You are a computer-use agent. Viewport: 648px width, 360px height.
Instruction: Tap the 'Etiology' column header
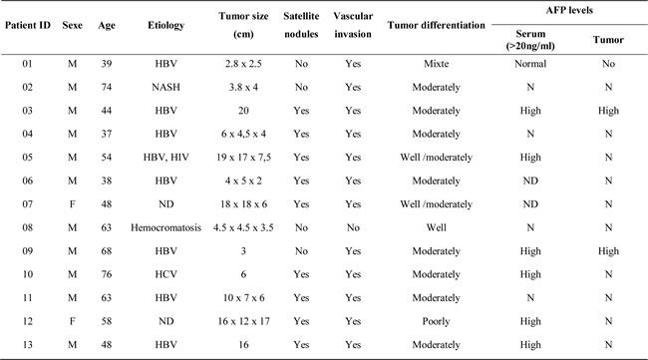tap(164, 24)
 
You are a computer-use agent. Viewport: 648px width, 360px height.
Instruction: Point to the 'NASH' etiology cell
tap(164, 87)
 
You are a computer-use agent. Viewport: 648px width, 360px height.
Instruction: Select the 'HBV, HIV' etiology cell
tap(164, 157)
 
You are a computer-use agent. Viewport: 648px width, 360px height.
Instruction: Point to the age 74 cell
tap(105, 87)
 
